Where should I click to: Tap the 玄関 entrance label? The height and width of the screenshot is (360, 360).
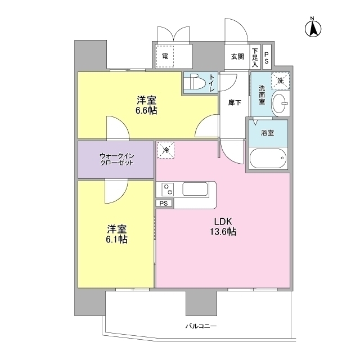point(237,57)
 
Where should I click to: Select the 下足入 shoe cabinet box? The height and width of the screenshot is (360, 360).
point(255,56)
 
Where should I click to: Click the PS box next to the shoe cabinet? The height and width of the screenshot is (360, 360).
point(267,56)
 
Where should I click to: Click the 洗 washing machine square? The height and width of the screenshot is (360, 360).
point(280,81)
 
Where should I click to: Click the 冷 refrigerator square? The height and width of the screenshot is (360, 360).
point(165,150)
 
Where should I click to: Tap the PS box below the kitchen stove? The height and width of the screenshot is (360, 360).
point(164,204)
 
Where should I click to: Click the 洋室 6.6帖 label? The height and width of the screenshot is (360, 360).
point(146,105)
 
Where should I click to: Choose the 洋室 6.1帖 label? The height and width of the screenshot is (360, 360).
point(116,234)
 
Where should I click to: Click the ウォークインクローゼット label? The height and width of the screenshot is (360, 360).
point(116,159)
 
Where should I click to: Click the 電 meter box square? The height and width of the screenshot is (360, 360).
point(165,56)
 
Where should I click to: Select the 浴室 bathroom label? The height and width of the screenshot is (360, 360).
point(267,134)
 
